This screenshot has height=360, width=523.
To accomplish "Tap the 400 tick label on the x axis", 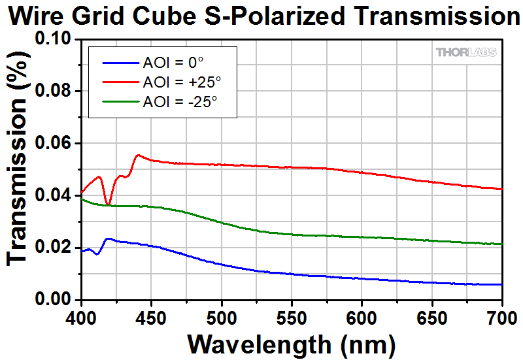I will [81, 317].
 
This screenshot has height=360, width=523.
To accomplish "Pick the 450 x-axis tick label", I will [151, 317].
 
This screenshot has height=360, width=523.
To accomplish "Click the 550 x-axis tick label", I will [292, 317].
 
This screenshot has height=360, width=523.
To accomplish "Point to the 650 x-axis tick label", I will [432, 317].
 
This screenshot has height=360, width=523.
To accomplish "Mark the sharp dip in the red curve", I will [109, 205].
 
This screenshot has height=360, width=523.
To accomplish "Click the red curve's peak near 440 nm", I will [138, 155].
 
